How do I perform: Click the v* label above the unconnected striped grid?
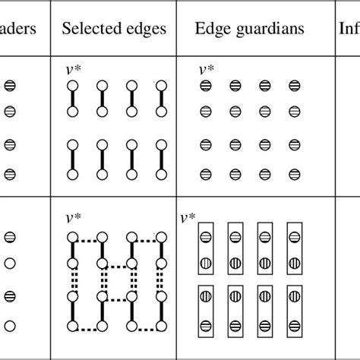(x=206, y=70)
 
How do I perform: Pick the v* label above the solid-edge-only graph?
(x=74, y=70)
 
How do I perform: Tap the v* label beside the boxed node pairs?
(x=186, y=219)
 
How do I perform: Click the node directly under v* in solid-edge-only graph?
(x=74, y=85)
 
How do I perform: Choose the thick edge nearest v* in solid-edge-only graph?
(x=74, y=98)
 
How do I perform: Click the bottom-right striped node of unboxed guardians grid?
(x=292, y=174)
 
